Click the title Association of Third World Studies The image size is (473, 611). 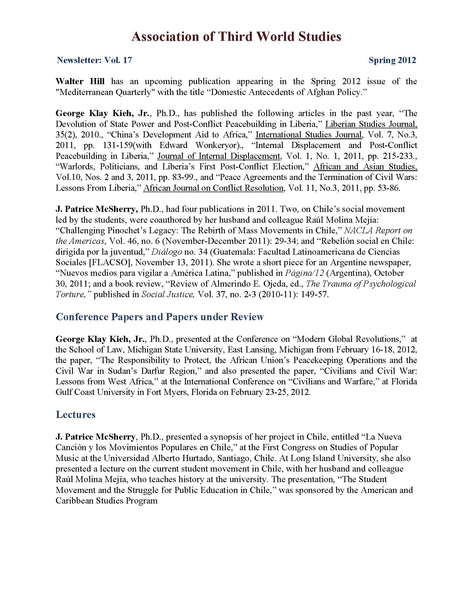point(236,37)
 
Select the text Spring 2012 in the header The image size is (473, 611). point(392,60)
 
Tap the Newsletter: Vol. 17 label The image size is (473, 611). point(94,60)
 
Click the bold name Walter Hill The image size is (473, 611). point(80,81)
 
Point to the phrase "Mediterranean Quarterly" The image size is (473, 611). point(105,92)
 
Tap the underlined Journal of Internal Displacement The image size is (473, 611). point(219,156)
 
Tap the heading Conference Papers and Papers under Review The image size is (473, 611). point(160,317)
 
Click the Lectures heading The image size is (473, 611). point(76,414)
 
